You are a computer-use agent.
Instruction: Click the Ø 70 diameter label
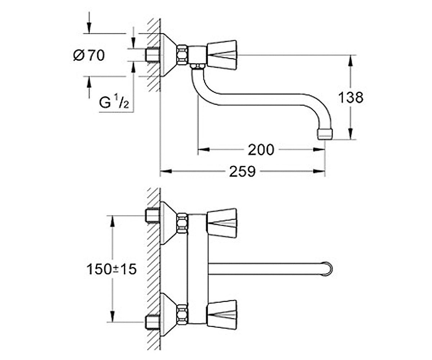[x=89, y=55]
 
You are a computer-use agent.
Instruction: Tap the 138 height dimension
[x=351, y=98]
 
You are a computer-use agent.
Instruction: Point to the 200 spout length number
[x=261, y=150]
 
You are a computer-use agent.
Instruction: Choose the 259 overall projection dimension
[x=242, y=171]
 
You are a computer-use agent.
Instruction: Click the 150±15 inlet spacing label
[x=112, y=269]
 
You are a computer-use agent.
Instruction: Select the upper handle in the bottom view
[x=222, y=224]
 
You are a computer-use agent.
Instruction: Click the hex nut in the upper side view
[x=183, y=54]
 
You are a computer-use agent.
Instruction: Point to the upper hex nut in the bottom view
[x=182, y=224]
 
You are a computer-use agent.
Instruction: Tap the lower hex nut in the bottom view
[x=182, y=315]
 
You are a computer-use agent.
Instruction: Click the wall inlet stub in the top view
[x=153, y=55]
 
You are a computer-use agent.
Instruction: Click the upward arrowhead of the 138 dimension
[x=351, y=61]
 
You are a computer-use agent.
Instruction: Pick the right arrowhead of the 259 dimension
[x=319, y=171]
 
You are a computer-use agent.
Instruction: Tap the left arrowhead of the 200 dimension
[x=204, y=149]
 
